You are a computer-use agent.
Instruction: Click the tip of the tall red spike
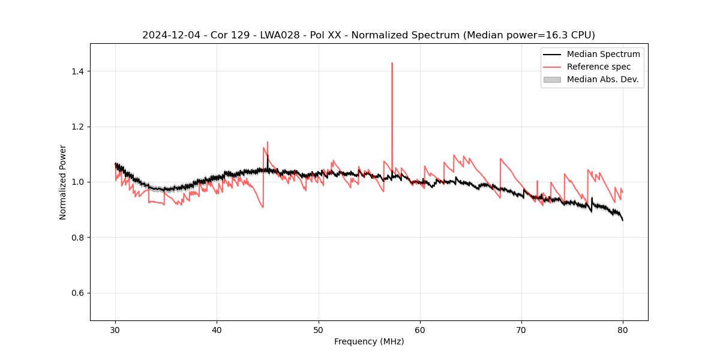392,63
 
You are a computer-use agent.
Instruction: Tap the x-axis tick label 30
115,330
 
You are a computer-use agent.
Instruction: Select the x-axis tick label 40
217,330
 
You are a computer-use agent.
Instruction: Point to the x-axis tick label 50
319,330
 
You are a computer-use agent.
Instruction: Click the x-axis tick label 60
420,330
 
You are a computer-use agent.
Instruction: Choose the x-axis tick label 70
521,330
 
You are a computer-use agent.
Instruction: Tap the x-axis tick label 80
623,330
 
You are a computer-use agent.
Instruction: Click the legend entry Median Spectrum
603,54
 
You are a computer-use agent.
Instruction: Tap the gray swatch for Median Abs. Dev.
552,79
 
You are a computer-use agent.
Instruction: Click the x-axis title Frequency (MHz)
369,341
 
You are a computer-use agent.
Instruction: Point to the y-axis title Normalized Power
63,182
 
